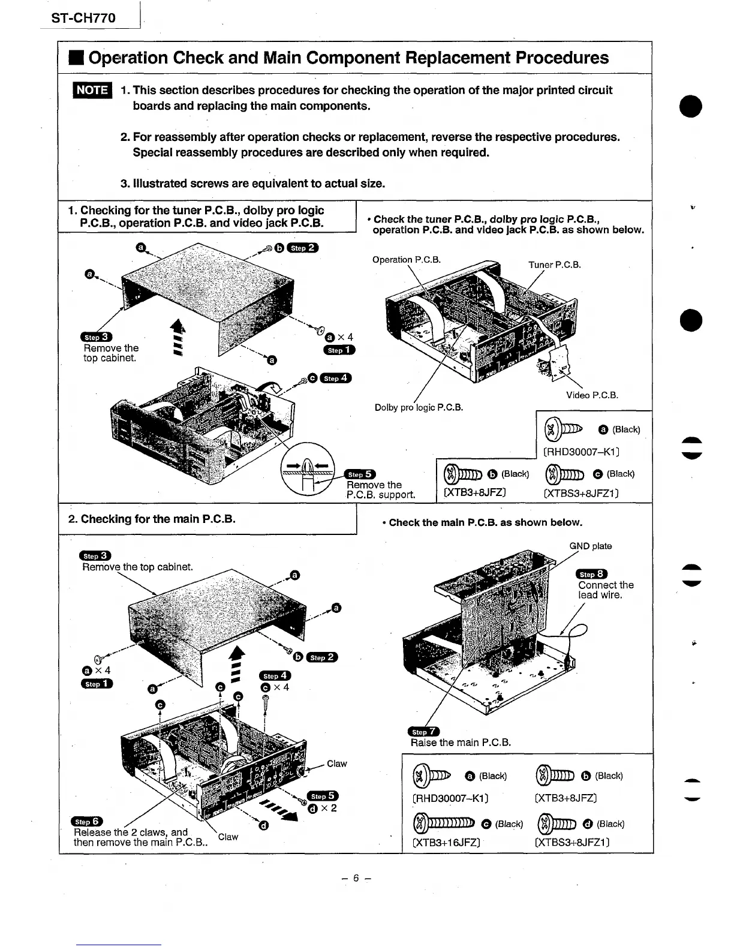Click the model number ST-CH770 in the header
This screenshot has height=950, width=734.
coord(83,18)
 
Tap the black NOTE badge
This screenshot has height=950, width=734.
coord(91,90)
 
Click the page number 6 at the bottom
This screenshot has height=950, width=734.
coord(356,878)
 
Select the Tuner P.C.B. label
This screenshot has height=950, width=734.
coord(554,264)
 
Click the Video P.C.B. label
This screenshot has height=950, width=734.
coord(592,395)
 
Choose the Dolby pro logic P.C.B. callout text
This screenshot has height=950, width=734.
coord(419,407)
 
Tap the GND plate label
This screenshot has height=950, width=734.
coord(590,546)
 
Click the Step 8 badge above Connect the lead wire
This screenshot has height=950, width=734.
coord(591,574)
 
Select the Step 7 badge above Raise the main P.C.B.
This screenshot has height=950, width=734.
coord(423,731)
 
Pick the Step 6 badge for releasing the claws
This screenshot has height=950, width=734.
coord(87,821)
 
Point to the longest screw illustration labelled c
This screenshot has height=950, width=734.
coord(444,823)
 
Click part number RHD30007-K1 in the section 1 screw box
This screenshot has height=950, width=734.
coord(581,452)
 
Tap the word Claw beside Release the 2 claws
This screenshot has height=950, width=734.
coord(228,837)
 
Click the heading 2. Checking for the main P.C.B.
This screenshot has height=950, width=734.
coord(152,519)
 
